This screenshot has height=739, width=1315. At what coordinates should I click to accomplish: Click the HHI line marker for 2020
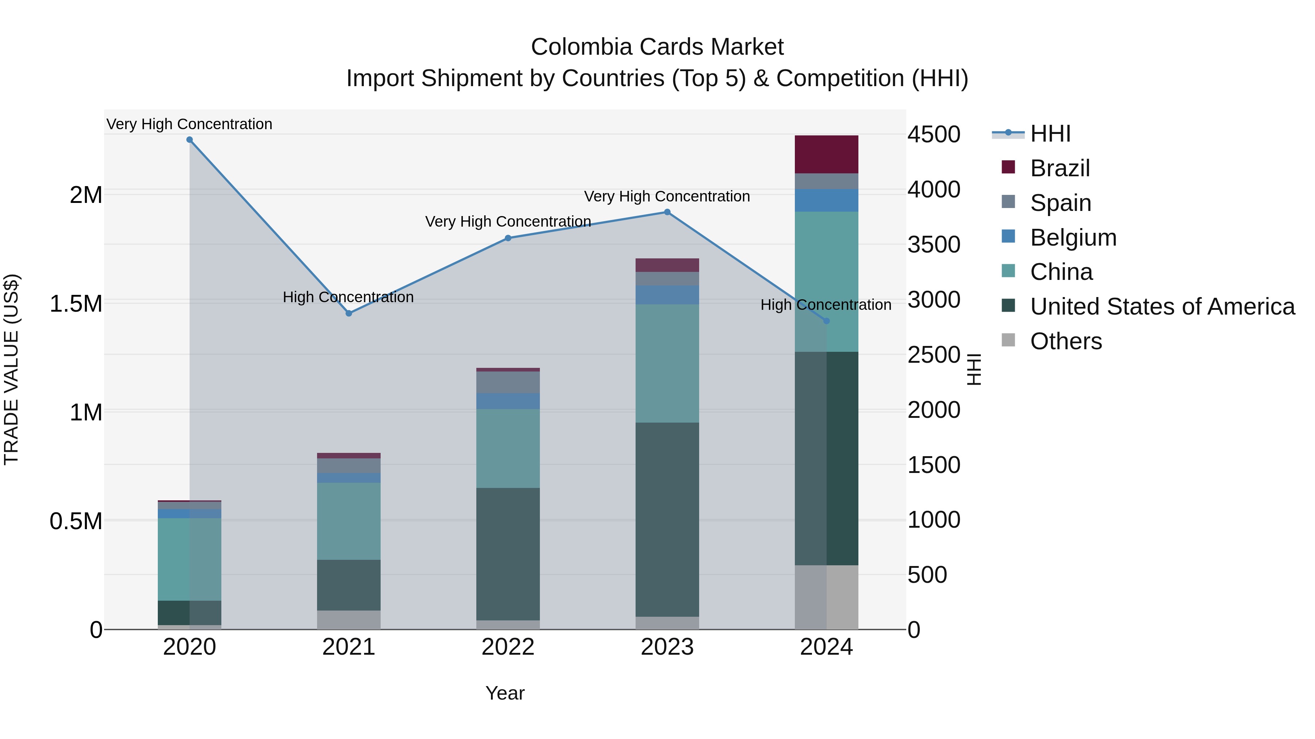[x=189, y=140]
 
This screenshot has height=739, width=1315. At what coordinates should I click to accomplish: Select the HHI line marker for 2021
[x=349, y=313]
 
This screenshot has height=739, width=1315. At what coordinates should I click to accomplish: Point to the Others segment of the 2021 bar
[x=349, y=620]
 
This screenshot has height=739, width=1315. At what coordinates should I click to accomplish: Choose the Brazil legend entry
[x=1059, y=168]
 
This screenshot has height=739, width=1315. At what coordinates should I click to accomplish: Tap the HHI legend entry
[x=1049, y=134]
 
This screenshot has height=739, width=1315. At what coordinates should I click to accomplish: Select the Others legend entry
[x=1066, y=341]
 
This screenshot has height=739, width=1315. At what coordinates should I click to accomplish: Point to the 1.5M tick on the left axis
[x=76, y=304]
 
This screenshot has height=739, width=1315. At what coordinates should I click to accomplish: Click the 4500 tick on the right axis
[x=934, y=135]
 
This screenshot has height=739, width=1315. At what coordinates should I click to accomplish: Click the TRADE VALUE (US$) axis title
[x=11, y=369]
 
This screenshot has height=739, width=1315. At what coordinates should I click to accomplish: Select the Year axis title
[x=505, y=693]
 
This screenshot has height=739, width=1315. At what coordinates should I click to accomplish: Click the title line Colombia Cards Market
[x=657, y=47]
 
